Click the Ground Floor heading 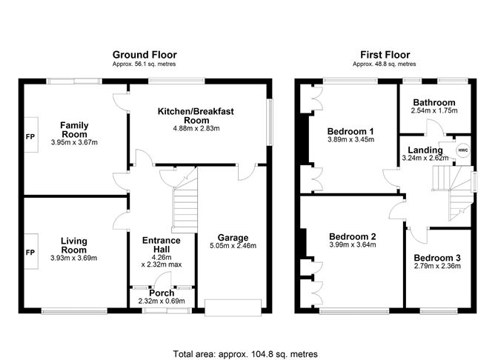(x=144, y=55)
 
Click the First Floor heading (x=385, y=55)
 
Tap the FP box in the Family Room (x=30, y=136)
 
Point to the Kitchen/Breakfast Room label (x=196, y=116)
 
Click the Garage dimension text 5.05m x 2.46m (x=233, y=246)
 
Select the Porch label (x=162, y=293)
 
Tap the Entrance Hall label (x=161, y=245)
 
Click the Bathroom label (x=434, y=102)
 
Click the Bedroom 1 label (x=351, y=132)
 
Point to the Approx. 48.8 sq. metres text (x=385, y=64)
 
